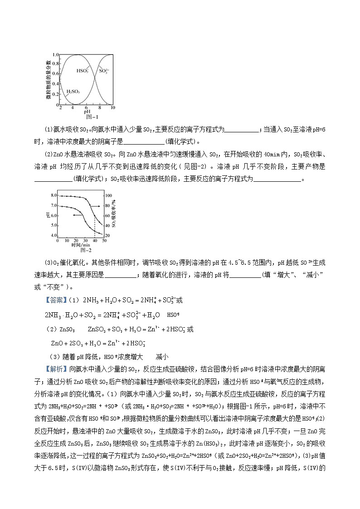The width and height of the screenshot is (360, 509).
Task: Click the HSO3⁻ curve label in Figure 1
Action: [83, 71]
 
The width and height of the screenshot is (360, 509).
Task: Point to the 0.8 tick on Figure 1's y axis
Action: [55, 63]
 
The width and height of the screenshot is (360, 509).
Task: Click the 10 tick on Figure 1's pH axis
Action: [113, 108]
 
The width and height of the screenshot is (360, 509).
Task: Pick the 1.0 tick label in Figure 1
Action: [55, 54]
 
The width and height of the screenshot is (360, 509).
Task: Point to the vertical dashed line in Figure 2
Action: [95, 227]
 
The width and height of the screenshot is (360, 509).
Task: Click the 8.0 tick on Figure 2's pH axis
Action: [54, 195]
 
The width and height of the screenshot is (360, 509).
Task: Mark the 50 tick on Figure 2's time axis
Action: [104, 241]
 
